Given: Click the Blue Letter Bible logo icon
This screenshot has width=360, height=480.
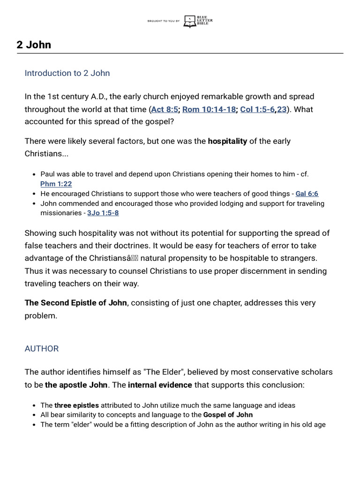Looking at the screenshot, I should tap(190, 21).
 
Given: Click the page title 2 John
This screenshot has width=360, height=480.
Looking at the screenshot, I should tap(34, 45).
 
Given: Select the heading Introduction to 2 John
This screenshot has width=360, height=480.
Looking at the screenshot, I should tap(67, 73).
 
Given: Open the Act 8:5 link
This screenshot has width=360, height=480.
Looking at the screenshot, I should tap(165, 109).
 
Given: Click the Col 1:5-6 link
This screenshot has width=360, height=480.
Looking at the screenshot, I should tap(257, 109).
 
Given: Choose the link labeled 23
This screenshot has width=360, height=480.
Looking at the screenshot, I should tap(282, 109).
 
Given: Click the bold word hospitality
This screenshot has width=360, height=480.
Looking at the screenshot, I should tap(227, 141).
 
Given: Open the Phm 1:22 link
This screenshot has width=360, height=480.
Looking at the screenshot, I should tap(56, 184).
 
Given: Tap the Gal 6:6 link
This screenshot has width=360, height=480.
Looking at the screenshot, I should tap(307, 194).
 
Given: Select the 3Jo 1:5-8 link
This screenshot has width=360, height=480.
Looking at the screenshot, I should tap(103, 213).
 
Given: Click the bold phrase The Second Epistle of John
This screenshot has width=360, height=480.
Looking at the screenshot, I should tap(75, 303).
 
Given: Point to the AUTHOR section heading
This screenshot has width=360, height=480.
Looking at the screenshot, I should tap(42, 349).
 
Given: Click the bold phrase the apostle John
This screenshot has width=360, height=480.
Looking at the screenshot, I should tap(77, 385).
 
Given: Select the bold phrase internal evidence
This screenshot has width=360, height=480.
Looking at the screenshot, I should tap(160, 385).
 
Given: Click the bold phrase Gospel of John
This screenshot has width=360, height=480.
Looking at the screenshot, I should tap(228, 414).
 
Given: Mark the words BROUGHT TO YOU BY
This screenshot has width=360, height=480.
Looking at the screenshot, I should tap(163, 21).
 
